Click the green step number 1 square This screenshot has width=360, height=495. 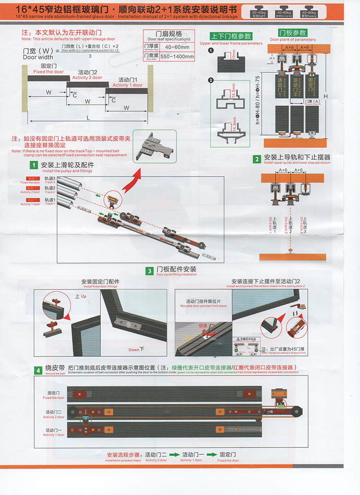[x=34, y=165]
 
